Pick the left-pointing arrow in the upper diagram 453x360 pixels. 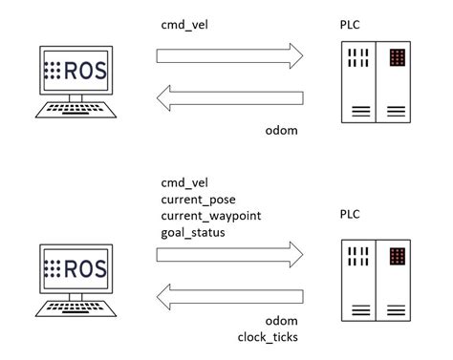tap(231, 96)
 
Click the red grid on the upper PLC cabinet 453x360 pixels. tap(396, 58)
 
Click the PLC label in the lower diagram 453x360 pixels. tap(350, 216)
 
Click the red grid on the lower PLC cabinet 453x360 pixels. tap(396, 256)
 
